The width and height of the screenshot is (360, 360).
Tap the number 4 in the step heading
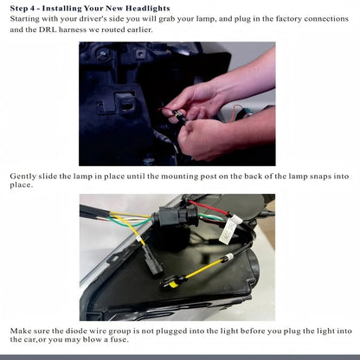(x=32, y=9)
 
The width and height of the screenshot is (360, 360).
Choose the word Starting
(x=24, y=19)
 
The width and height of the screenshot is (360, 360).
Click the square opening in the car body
(x=127, y=104)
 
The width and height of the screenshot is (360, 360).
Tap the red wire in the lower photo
(x=209, y=208)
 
